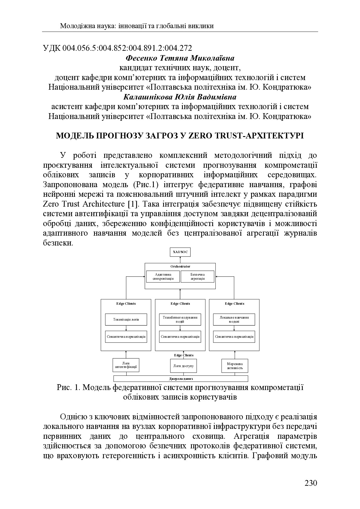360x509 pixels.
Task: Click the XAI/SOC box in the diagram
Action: click(x=180, y=252)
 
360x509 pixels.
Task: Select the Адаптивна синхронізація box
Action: click(x=163, y=277)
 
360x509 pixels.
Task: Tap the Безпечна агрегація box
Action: click(x=197, y=277)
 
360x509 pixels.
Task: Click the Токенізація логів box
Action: click(x=126, y=320)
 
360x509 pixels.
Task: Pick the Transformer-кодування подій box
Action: click(x=180, y=320)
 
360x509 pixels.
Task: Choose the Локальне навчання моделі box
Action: click(x=234, y=320)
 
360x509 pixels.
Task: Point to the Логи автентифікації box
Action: click(x=126, y=365)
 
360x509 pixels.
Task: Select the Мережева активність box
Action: click(x=235, y=366)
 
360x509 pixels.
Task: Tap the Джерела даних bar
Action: click(x=181, y=379)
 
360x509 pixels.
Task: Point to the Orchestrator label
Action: click(x=180, y=266)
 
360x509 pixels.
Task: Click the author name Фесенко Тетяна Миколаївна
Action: click(x=180, y=58)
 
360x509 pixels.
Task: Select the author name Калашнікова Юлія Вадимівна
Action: click(x=180, y=97)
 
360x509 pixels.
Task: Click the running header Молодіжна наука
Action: click(x=87, y=26)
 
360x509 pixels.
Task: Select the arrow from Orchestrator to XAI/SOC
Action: click(x=180, y=260)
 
